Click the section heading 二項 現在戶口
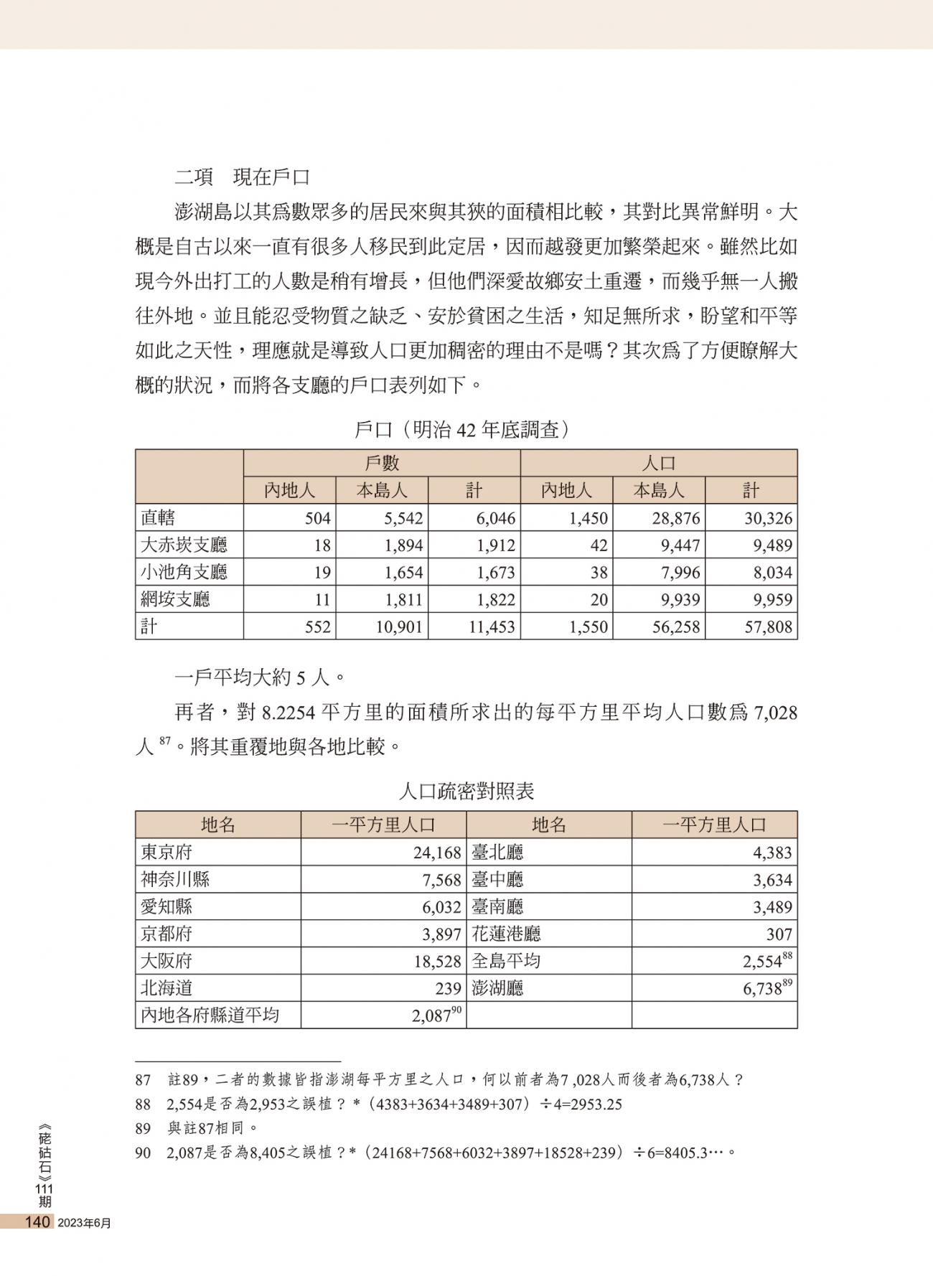click(x=242, y=177)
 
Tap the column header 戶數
click(x=382, y=463)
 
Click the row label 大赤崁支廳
click(x=184, y=545)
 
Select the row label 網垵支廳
click(x=175, y=599)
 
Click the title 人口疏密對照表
click(x=466, y=791)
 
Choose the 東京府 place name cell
click(x=167, y=853)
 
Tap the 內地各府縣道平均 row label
click(x=210, y=1015)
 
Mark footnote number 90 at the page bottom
click(x=143, y=1153)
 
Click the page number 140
click(x=37, y=1221)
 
